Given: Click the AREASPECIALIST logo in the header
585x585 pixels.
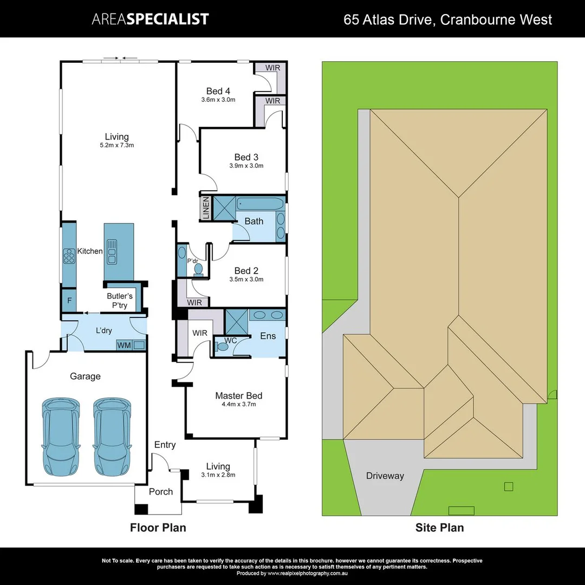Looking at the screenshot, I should [150, 19].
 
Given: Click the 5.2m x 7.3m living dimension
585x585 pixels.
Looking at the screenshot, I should [117, 145].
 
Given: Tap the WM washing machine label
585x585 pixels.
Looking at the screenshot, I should [123, 345].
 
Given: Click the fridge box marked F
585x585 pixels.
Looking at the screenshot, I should [69, 301].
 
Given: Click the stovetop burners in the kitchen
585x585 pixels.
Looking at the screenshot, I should [69, 255].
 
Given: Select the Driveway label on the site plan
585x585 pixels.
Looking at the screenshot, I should [385, 476].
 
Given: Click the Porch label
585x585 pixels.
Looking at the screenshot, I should [161, 491].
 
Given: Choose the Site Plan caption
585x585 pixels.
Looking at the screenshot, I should [439, 527].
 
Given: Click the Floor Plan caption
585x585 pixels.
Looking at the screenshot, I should [158, 527].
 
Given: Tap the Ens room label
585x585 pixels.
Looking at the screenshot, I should [268, 336].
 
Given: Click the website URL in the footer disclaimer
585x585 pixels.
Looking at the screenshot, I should [308, 573].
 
